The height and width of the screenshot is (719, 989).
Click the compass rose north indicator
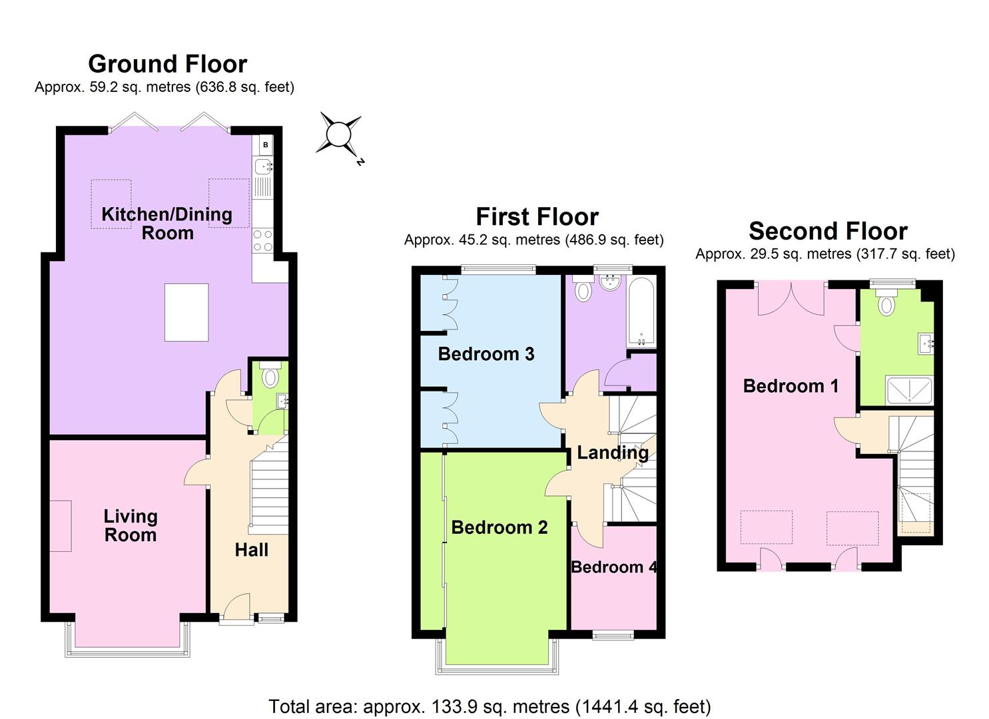(x=338, y=134)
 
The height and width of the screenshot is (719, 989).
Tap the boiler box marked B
(x=266, y=144)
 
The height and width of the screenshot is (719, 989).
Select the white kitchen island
(x=186, y=312)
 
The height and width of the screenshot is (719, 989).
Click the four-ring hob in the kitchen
(x=263, y=240)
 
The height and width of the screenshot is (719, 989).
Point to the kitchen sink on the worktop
(x=264, y=166)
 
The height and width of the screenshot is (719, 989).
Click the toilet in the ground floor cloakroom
(x=270, y=377)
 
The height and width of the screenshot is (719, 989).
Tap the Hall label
(x=252, y=550)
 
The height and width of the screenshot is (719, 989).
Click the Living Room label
(x=131, y=525)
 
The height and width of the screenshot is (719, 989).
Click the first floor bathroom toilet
(x=583, y=291)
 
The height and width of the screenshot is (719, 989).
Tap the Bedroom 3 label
(x=486, y=354)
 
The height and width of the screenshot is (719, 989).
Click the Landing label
(x=613, y=453)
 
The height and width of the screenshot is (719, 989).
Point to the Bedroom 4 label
(x=613, y=567)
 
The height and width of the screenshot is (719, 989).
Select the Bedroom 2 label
(x=499, y=527)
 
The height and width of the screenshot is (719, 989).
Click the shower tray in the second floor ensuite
(x=910, y=391)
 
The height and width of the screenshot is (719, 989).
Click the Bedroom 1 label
(x=791, y=386)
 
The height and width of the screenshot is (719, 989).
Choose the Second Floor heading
(x=828, y=231)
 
